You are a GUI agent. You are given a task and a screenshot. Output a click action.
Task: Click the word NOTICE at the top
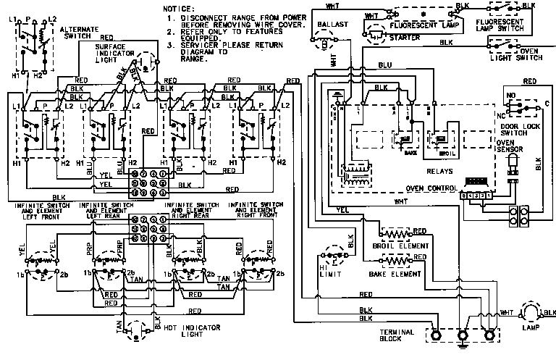[179, 7]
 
